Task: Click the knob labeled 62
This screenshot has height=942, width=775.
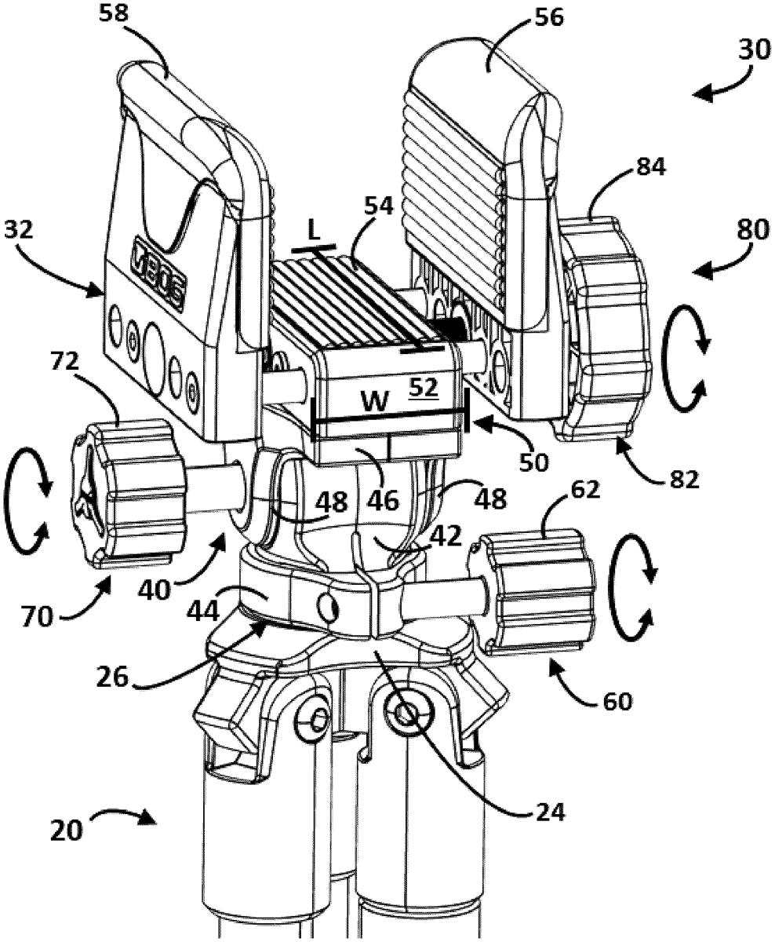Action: coord(537,593)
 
